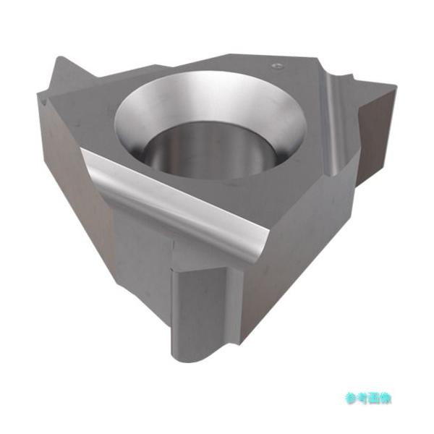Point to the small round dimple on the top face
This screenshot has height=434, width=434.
(278, 66)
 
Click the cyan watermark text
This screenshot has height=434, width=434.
(368, 399)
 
